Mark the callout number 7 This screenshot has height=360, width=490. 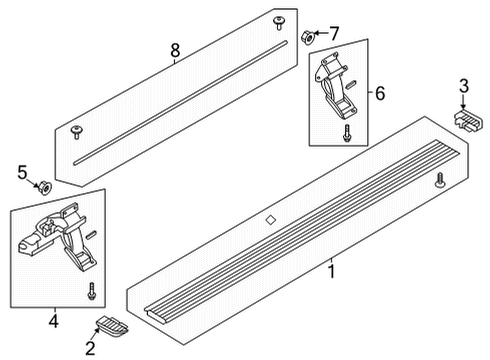tap(336, 33)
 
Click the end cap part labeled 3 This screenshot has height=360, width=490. tap(465, 121)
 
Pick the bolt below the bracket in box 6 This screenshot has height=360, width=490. tap(346, 135)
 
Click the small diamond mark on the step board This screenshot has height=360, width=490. tap(269, 220)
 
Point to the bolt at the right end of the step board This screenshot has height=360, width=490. tap(440, 181)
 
